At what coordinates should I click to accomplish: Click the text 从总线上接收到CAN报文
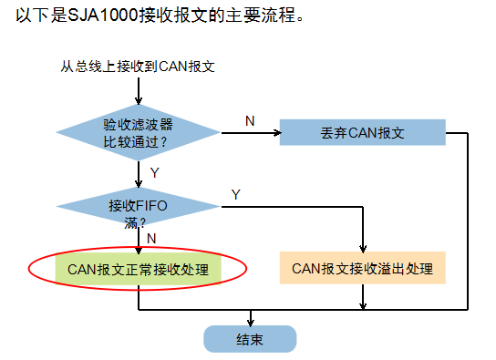[137, 66]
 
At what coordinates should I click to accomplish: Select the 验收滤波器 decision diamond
[138, 132]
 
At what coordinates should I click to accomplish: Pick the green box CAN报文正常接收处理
[138, 270]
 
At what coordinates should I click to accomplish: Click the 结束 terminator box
[250, 339]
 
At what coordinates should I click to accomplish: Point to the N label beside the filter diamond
[250, 120]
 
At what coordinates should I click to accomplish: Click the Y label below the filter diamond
[154, 172]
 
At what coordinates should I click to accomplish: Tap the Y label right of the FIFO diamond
[235, 194]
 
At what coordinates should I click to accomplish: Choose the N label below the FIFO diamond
[151, 238]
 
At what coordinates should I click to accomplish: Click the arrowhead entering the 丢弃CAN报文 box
[274, 133]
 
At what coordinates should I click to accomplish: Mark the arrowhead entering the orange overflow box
[364, 249]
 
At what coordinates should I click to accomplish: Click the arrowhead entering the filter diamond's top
[138, 101]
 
